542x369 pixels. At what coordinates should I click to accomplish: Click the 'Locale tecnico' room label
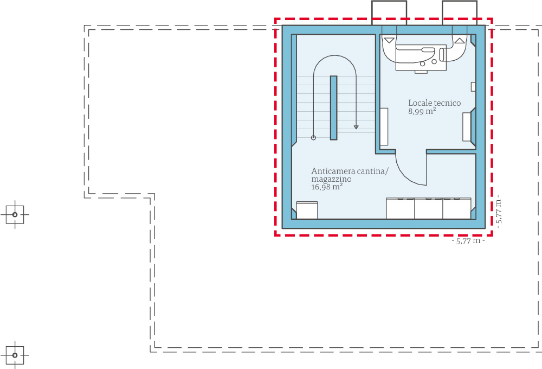434,103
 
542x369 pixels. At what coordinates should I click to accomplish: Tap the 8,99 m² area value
422,111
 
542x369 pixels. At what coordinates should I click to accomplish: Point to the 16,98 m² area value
327,187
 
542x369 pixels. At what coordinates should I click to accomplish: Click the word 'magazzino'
331,179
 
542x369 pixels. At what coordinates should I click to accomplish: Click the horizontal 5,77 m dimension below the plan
468,241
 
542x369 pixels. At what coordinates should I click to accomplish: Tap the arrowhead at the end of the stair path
356,127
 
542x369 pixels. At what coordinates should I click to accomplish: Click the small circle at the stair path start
313,138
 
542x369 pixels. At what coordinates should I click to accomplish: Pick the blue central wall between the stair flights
334,107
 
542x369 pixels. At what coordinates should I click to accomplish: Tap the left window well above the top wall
389,12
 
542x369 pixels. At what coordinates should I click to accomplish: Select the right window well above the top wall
460,12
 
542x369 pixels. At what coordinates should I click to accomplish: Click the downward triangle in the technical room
390,40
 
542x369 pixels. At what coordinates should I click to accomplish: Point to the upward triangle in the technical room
460,40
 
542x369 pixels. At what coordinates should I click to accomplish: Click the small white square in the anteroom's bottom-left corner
307,210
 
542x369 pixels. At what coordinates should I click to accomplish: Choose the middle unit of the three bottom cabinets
428,209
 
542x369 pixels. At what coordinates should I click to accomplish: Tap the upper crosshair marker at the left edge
15,215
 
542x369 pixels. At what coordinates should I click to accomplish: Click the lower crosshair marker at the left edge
15,355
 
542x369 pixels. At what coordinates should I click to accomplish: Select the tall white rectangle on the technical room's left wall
384,126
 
